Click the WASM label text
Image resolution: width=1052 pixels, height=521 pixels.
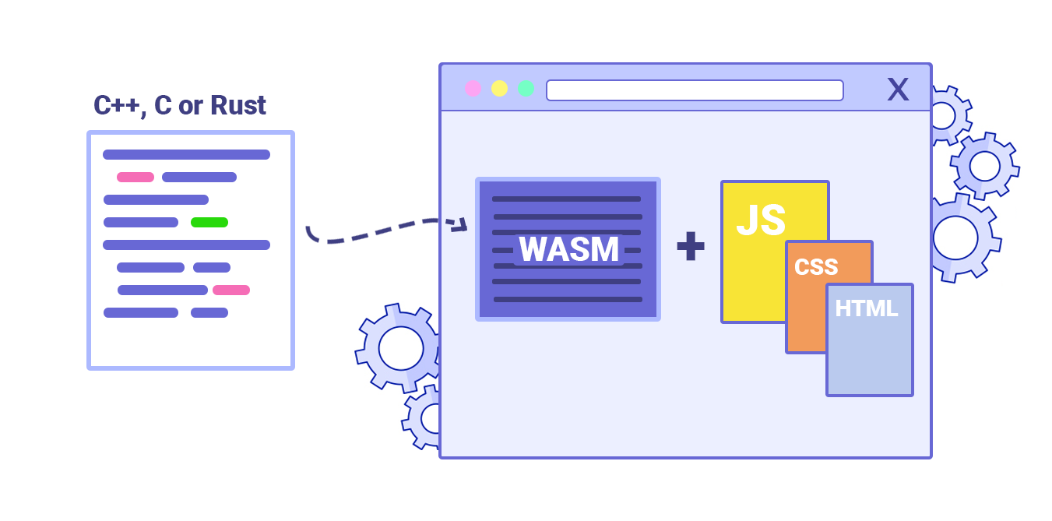(x=568, y=249)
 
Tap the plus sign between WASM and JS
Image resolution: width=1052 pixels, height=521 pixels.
(x=690, y=246)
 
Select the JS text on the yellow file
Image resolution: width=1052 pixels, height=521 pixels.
(x=761, y=220)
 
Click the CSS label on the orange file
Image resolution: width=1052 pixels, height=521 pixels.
(x=816, y=267)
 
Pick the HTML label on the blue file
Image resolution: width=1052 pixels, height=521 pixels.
(x=867, y=308)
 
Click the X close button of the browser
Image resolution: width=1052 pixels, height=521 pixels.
(x=898, y=90)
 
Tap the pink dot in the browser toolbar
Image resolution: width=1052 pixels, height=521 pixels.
(x=473, y=89)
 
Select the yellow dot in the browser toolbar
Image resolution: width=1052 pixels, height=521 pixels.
(x=499, y=89)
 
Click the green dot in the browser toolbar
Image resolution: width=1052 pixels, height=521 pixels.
(x=526, y=89)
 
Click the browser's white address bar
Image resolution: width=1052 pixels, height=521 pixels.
(x=695, y=90)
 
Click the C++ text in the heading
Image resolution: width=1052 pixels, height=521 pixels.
(x=118, y=105)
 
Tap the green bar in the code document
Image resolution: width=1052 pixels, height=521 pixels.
(x=209, y=222)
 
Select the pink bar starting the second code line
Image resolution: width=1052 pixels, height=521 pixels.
(x=135, y=177)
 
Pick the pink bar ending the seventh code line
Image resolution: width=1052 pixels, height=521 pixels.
(x=231, y=290)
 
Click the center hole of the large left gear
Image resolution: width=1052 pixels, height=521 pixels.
(x=400, y=347)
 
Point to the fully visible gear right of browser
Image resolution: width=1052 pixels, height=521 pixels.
(x=984, y=166)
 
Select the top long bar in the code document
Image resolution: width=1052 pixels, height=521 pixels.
(x=186, y=154)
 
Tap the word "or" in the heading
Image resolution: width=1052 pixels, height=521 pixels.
(x=191, y=105)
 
